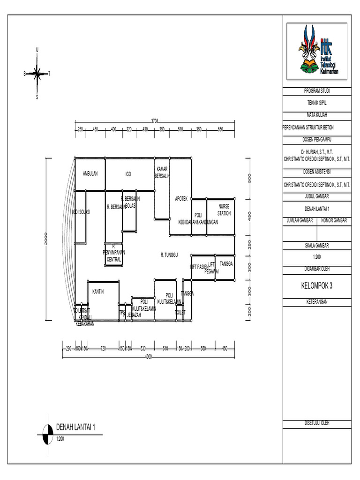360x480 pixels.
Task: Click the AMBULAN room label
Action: click(90, 174)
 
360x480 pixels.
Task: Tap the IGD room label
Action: click(128, 174)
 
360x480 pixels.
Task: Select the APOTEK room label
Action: click(181, 199)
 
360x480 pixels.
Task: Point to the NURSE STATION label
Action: click(224, 210)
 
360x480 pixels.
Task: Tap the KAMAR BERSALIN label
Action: click(162, 172)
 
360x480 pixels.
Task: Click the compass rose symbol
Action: click(37, 73)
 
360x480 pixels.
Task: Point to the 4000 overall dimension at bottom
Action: click(149, 357)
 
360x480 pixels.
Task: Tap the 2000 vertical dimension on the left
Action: click(46, 240)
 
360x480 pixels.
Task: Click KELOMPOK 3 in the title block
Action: click(317, 285)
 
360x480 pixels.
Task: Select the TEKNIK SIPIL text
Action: click(317, 102)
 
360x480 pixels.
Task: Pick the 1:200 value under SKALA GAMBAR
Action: click(317, 257)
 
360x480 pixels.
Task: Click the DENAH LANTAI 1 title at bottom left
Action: click(75, 427)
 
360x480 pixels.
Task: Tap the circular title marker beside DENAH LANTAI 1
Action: click(47, 434)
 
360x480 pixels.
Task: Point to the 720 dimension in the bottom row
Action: click(104, 348)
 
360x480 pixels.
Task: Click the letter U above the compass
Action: click(37, 50)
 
